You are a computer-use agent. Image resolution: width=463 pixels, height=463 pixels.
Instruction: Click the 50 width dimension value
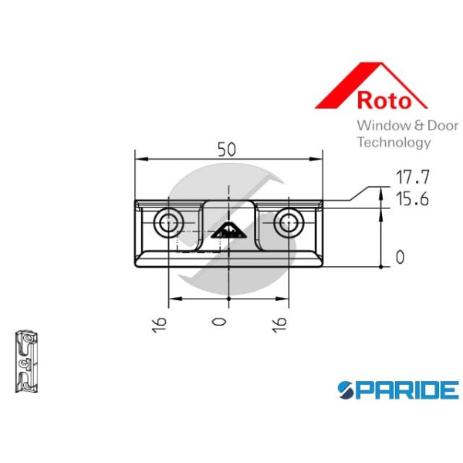tap(227, 150)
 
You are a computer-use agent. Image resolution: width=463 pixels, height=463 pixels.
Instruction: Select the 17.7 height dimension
tap(412, 177)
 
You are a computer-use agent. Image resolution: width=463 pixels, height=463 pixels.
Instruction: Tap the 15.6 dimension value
tap(412, 199)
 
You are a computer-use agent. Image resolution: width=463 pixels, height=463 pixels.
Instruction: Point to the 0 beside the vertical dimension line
tap(400, 257)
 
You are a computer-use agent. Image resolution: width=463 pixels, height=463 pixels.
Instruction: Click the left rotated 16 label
tap(160, 325)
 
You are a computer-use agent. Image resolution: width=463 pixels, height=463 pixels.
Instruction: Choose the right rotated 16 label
tap(279, 325)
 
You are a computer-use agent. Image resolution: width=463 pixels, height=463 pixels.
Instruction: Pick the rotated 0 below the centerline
tap(219, 322)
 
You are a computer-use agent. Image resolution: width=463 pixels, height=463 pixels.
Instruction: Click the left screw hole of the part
tap(168, 223)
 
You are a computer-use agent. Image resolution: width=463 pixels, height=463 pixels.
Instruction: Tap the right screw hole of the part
tap(289, 223)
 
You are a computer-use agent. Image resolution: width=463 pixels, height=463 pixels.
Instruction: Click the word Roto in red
tap(384, 100)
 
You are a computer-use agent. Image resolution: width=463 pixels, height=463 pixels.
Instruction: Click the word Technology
tap(394, 143)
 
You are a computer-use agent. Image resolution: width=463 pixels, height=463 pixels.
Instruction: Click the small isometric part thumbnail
tap(26, 362)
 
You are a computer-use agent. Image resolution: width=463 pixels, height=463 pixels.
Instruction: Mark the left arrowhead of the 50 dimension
tap(141, 159)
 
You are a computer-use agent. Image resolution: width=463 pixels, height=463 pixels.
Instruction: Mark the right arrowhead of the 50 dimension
tap(316, 159)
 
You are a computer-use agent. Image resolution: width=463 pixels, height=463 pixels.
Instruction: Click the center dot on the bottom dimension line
tap(229, 299)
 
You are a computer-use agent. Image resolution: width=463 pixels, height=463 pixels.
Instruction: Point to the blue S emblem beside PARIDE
tap(346, 390)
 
